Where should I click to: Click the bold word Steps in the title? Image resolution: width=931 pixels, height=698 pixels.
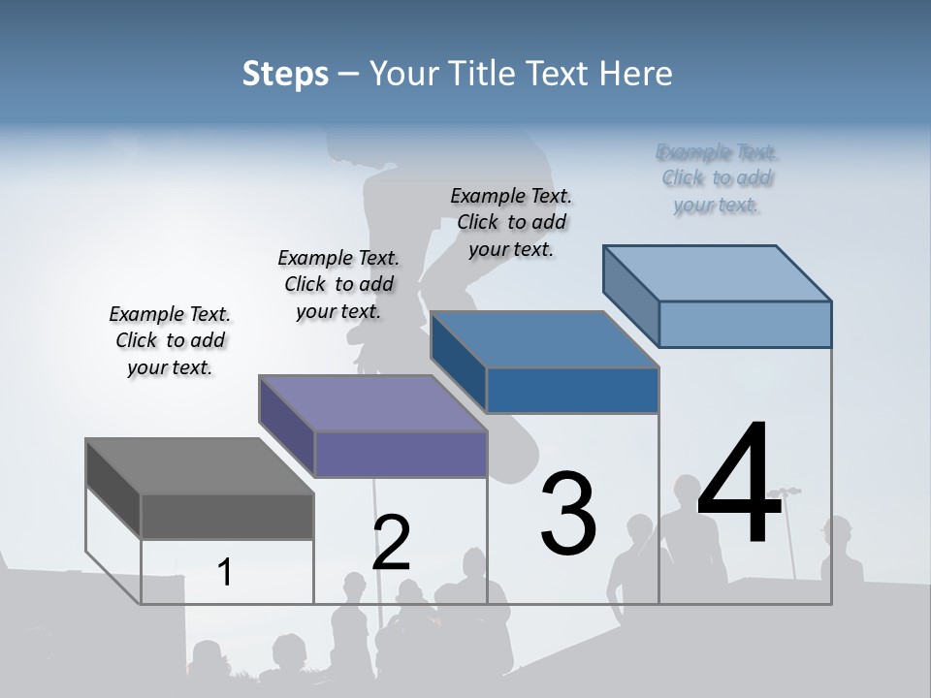click(285, 74)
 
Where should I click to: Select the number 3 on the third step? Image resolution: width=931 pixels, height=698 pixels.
click(568, 513)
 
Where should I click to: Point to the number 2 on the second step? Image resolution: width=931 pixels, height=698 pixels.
click(391, 542)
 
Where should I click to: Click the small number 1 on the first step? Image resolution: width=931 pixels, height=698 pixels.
click(225, 572)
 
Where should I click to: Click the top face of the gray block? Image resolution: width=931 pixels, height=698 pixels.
click(199, 466)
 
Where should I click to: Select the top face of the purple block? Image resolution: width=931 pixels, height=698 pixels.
click(371, 403)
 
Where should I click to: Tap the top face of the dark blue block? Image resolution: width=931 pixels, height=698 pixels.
click(544, 339)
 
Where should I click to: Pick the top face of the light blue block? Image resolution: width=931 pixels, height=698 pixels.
click(718, 273)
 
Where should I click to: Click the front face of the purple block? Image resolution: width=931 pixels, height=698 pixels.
click(400, 455)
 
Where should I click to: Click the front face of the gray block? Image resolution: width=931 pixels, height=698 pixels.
click(227, 517)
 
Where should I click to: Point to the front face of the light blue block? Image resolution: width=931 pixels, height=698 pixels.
click(745, 324)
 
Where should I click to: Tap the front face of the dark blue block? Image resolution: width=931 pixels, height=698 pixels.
click(572, 390)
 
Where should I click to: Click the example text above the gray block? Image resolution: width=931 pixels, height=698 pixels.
click(170, 340)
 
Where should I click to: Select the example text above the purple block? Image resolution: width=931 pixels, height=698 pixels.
click(338, 284)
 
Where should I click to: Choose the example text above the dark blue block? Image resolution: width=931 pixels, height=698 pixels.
click(511, 222)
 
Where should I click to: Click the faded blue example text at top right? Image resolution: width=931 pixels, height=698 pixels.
click(717, 178)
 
